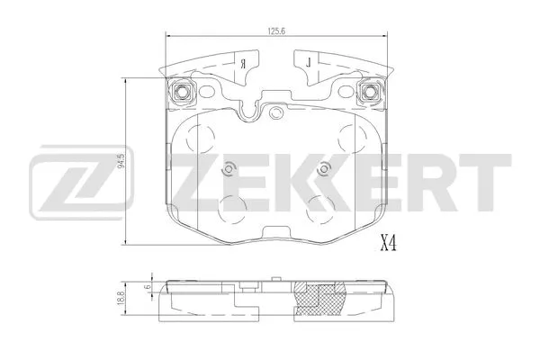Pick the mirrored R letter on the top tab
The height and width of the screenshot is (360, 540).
click(244, 63)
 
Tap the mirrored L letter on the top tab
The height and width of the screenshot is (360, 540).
click(308, 63)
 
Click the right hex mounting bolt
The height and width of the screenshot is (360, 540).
click(368, 92)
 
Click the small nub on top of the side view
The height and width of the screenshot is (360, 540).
click(245, 287)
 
